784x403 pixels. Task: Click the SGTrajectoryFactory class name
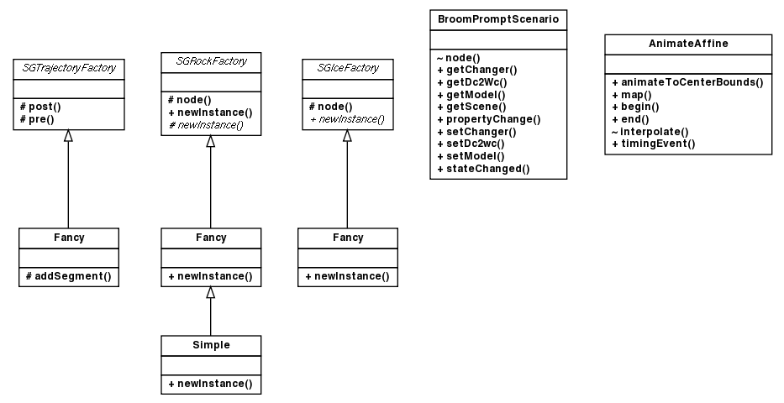point(69,67)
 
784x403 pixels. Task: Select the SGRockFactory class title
point(210,62)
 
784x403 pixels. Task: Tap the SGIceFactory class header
point(347,67)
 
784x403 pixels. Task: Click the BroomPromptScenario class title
point(497,18)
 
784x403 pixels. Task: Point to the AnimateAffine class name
point(687,43)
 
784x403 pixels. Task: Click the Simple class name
point(210,345)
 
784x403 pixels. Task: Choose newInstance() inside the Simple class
point(210,384)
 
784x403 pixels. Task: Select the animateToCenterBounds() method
point(687,82)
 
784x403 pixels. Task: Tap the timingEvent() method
point(653,144)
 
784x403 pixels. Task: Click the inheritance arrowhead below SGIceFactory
point(347,136)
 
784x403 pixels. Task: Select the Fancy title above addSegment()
point(69,238)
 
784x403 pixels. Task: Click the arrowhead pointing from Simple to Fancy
point(210,293)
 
